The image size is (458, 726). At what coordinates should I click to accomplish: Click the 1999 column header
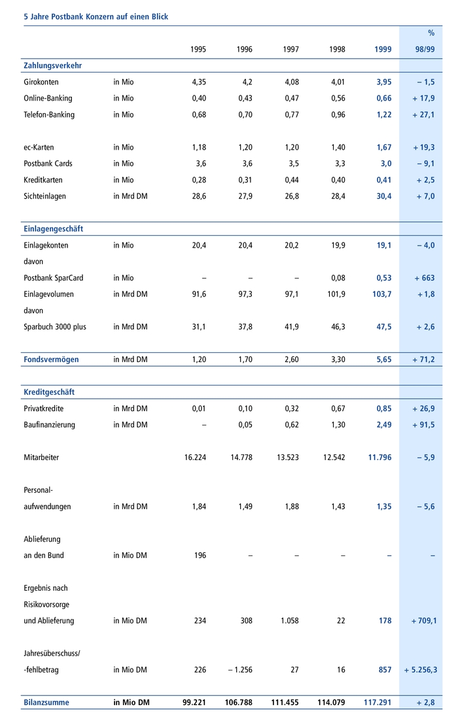383,50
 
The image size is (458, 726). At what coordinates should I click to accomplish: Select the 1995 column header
198,50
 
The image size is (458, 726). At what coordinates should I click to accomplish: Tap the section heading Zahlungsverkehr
52,66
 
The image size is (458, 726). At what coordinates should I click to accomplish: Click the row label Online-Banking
48,99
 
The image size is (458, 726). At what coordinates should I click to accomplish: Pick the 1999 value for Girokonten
383,82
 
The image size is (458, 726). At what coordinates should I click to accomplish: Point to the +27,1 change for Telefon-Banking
423,115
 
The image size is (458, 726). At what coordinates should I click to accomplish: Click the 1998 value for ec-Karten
337,148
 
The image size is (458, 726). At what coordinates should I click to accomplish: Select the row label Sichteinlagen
44,196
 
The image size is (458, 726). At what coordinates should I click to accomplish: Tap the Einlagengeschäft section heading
53,229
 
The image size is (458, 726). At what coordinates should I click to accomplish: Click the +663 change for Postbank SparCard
424,278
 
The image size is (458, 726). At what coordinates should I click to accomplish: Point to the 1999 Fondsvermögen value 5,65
383,359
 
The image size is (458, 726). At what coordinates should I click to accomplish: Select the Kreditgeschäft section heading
49,392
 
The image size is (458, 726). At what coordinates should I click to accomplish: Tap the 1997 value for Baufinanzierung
291,425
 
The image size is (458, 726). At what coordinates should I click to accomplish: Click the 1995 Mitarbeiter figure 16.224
195,457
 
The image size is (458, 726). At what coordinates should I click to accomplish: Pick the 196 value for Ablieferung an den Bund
200,555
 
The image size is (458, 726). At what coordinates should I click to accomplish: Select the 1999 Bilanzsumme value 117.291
378,702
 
